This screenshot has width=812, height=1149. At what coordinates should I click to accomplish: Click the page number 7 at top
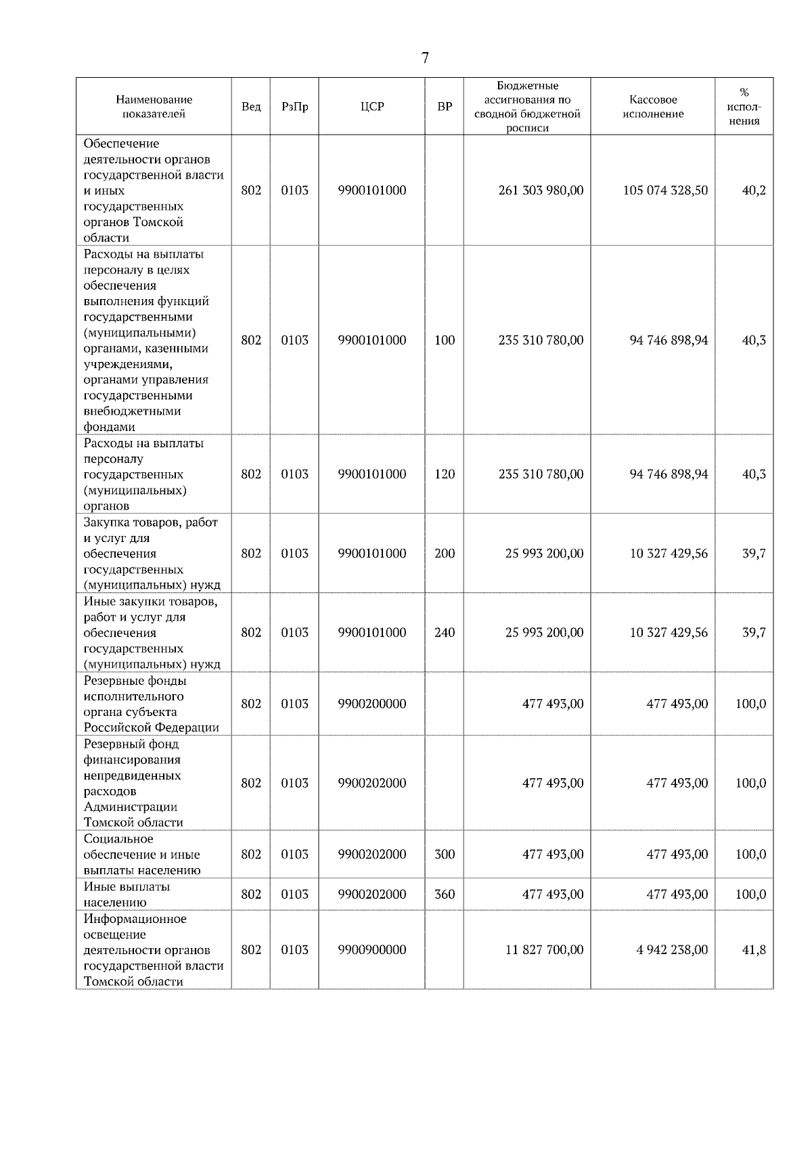pyautogui.click(x=425, y=58)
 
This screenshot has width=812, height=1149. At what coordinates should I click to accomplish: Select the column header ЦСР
pyautogui.click(x=372, y=107)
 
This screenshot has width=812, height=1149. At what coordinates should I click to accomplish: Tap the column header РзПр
pyautogui.click(x=294, y=107)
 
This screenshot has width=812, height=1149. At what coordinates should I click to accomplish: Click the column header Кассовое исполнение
pyautogui.click(x=653, y=107)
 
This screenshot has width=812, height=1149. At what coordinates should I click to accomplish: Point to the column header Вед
pyautogui.click(x=251, y=107)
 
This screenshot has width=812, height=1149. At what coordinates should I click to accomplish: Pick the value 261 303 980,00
pyautogui.click(x=541, y=190)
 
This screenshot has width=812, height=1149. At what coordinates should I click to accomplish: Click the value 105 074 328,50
pyautogui.click(x=665, y=190)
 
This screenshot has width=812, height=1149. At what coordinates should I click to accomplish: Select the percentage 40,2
pyautogui.click(x=754, y=190)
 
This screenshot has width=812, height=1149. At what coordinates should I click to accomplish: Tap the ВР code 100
pyautogui.click(x=445, y=340)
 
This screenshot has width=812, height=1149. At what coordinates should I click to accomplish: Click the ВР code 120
pyautogui.click(x=445, y=474)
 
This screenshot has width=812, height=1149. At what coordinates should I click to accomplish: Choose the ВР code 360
pyautogui.click(x=445, y=895)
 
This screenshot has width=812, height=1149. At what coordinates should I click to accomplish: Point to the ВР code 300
pyautogui.click(x=445, y=855)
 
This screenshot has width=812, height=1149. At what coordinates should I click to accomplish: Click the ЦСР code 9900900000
pyautogui.click(x=372, y=950)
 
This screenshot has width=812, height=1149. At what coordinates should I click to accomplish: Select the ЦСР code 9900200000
pyautogui.click(x=372, y=704)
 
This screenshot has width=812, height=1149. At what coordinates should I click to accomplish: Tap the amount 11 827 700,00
pyautogui.click(x=544, y=950)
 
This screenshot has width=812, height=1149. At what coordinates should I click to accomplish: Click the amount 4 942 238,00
pyautogui.click(x=672, y=950)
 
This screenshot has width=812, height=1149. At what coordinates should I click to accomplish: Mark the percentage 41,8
pyautogui.click(x=754, y=950)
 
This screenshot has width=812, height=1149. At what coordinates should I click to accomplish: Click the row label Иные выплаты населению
pyautogui.click(x=127, y=895)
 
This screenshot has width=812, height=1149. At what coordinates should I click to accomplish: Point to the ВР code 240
pyautogui.click(x=445, y=633)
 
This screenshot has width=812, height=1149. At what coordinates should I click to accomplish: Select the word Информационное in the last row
pyautogui.click(x=135, y=919)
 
